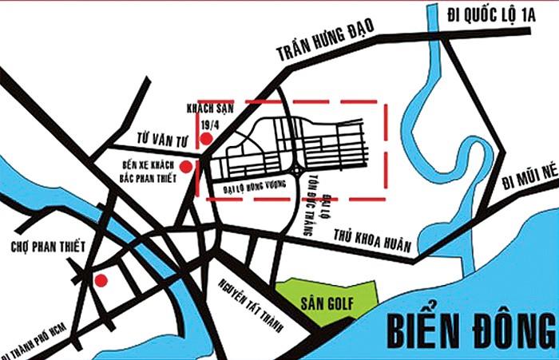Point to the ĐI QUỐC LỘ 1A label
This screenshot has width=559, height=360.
[x=489, y=14]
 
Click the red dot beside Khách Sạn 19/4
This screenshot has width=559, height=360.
[x=206, y=139]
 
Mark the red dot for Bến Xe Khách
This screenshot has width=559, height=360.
[x=186, y=167]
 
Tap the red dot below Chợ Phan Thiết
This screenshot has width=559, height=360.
[x=101, y=279]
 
